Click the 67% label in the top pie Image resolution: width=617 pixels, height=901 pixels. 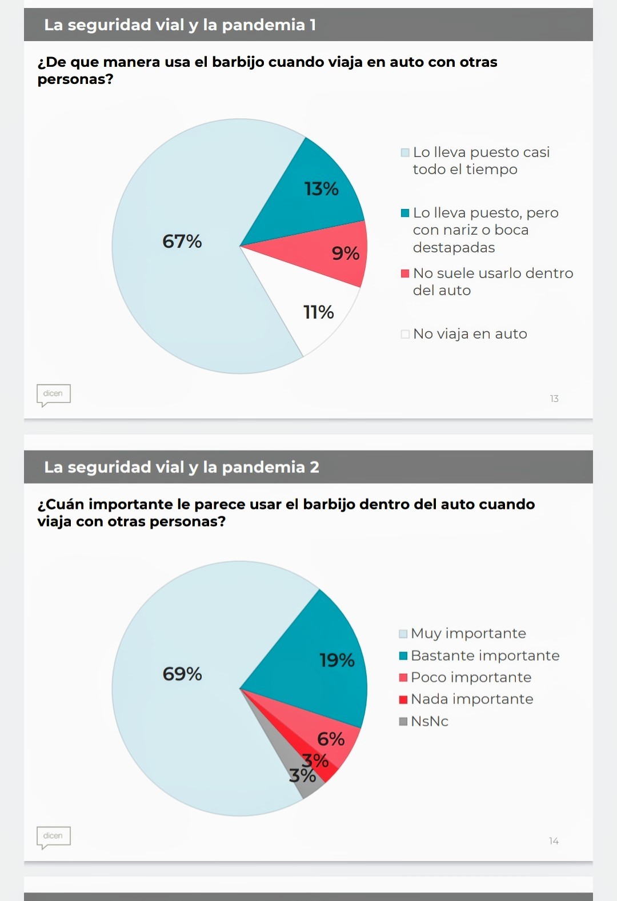tap(182, 242)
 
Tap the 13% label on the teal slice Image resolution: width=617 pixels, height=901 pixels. tap(321, 189)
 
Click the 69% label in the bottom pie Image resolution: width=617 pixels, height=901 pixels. tap(182, 674)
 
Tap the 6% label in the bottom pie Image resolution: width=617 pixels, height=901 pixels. tap(331, 739)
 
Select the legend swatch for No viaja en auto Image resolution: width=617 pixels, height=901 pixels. tap(405, 334)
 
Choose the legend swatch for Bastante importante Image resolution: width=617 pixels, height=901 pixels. tap(403, 655)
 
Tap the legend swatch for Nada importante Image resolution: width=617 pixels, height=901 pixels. tap(403, 699)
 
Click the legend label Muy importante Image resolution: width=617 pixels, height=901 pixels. tap(468, 633)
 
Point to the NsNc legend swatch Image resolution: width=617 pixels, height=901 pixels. tap(403, 721)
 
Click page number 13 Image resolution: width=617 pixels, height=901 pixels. tap(554, 399)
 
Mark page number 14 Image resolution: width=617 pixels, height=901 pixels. tap(554, 841)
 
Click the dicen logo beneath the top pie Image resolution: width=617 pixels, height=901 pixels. tap(53, 394)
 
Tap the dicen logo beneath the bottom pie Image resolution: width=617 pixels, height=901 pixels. tap(53, 836)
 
